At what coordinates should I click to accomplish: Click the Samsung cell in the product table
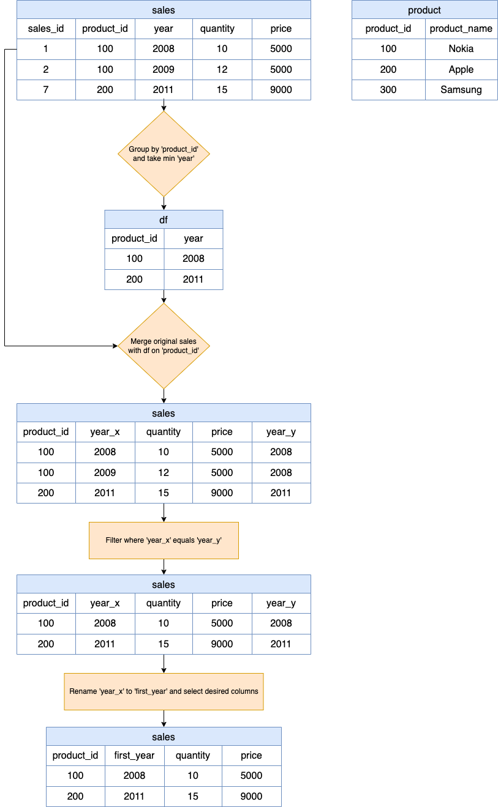point(461,90)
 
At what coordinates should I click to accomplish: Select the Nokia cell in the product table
point(461,49)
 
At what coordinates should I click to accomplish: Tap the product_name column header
point(461,29)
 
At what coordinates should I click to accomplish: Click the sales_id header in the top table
point(46,29)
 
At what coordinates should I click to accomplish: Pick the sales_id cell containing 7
point(46,90)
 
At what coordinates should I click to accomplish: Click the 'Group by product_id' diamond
point(164,154)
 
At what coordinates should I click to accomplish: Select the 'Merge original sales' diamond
point(164,346)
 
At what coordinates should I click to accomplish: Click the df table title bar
point(164,220)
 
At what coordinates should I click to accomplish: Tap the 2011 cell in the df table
point(193,279)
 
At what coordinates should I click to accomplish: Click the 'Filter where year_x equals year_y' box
point(164,540)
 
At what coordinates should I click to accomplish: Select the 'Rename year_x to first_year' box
point(164,691)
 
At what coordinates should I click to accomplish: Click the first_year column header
point(134,756)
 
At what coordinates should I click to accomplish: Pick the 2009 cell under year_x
point(105,472)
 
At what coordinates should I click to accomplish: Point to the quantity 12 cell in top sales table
point(222,69)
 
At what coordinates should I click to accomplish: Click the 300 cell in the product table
point(388,90)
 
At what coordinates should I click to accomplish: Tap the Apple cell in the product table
point(461,69)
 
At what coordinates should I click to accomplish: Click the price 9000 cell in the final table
point(251,796)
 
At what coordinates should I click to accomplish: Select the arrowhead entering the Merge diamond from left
point(115,346)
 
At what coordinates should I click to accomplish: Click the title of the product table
point(424,10)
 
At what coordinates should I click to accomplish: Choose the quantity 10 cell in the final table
point(193,776)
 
